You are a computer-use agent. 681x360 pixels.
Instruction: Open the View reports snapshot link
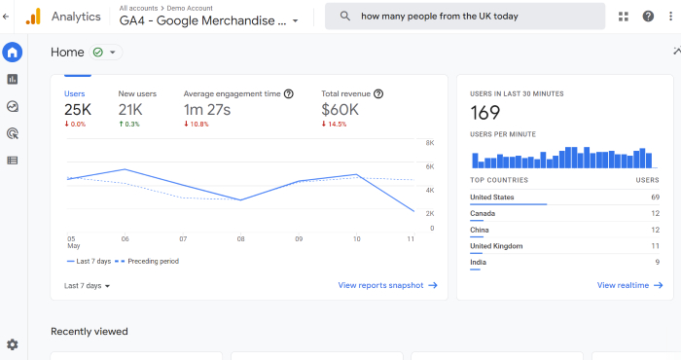pyautogui.click(x=387, y=285)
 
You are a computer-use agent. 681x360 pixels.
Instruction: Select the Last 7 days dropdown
pyautogui.click(x=87, y=286)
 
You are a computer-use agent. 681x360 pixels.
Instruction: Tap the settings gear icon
pyautogui.click(x=12, y=344)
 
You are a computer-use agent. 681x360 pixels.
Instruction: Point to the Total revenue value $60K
pyautogui.click(x=341, y=110)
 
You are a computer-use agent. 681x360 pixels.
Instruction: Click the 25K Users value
pyautogui.click(x=78, y=110)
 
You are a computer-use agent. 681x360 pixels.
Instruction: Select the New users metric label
pyautogui.click(x=137, y=93)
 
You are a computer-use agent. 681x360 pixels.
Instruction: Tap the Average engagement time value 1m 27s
pyautogui.click(x=206, y=110)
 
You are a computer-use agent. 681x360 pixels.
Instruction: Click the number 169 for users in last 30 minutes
pyautogui.click(x=484, y=113)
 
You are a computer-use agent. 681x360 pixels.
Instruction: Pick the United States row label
pyautogui.click(x=492, y=198)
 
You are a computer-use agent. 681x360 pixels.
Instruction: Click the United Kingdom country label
pyautogui.click(x=496, y=246)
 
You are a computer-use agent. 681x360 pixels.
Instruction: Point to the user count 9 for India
pyautogui.click(x=657, y=263)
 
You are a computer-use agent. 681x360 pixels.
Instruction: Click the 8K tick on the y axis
pyautogui.click(x=430, y=143)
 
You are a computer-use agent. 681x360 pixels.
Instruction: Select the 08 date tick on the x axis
pyautogui.click(x=240, y=238)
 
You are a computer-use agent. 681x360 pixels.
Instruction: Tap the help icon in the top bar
pyautogui.click(x=648, y=17)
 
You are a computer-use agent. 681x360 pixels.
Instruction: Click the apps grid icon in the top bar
pyautogui.click(x=624, y=17)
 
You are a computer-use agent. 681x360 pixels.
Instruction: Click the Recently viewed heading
pyautogui.click(x=90, y=331)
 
